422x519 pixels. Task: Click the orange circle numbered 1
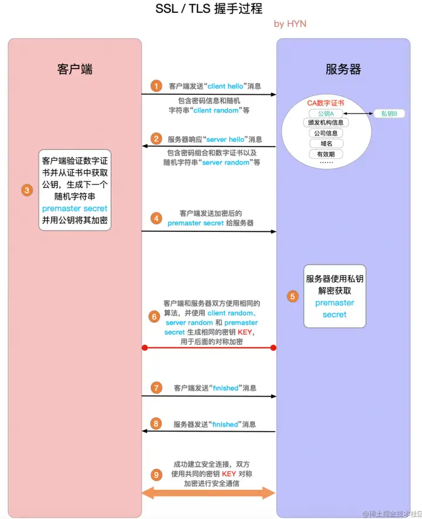pos(156,86)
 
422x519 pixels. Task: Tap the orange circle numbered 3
pos(26,190)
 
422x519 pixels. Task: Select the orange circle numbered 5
pos(292,296)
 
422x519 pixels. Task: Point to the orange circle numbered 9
pos(155,473)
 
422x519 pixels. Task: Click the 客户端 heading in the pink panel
pos(75,69)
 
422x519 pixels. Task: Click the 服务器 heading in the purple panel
pos(343,69)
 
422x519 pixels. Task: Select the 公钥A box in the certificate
pos(326,114)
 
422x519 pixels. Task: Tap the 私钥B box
pos(389,114)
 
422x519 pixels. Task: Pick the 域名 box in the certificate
pos(326,144)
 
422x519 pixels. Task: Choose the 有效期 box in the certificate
pos(326,154)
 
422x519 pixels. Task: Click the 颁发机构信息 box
pos(326,123)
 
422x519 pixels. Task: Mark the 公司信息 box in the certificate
pos(326,133)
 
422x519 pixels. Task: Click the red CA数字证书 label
pos(326,103)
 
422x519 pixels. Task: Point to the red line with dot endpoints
pos(209,348)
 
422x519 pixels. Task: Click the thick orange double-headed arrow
pos(209,493)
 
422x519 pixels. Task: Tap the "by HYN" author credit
pos(290,23)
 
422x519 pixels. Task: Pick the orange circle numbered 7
pos(156,388)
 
